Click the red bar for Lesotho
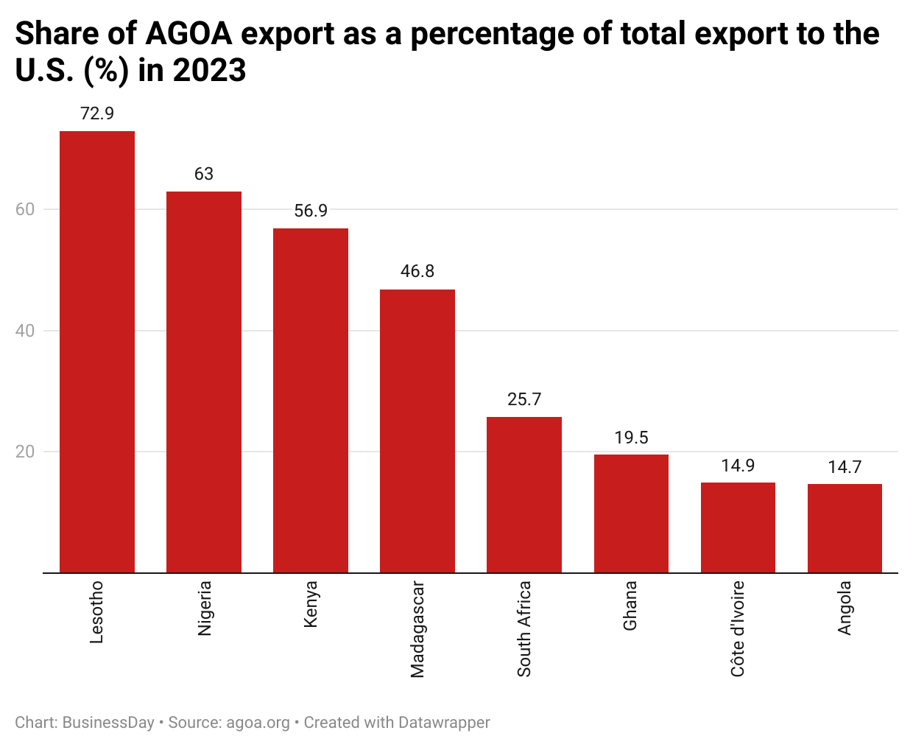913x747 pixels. click(x=97, y=351)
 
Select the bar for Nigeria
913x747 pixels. click(x=204, y=382)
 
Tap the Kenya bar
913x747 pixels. click(x=311, y=400)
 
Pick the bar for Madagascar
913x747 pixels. click(x=417, y=431)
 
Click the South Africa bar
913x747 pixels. click(x=524, y=494)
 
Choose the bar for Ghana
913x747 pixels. click(x=631, y=513)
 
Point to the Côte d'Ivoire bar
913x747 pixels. click(x=738, y=527)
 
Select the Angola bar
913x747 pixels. click(x=845, y=528)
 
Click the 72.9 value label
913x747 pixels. click(x=97, y=113)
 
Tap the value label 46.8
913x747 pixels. click(x=417, y=271)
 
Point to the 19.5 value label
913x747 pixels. click(x=631, y=438)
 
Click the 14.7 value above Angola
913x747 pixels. click(x=845, y=467)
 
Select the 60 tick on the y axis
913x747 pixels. click(x=25, y=209)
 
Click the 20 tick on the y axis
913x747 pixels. click(x=25, y=452)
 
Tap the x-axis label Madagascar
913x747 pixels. click(x=417, y=629)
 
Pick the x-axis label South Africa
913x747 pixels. click(x=524, y=629)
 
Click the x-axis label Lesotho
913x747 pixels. click(x=97, y=612)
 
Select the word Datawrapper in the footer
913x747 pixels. click(x=443, y=723)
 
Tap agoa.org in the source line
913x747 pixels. click(x=258, y=723)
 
